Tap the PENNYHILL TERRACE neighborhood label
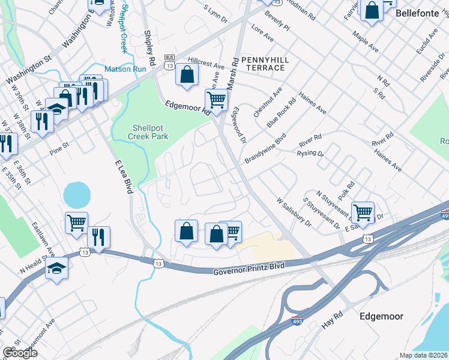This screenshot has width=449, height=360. point(263,64)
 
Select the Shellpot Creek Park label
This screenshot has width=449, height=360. point(150,131)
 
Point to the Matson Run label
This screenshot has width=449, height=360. point(125,70)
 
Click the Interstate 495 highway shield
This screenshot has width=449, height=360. point(297,322)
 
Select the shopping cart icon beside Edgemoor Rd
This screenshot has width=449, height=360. point(216,99)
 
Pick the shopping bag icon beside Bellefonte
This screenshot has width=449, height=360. point(372,10)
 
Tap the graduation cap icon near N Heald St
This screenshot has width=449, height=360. point(56,267)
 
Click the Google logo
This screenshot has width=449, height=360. point(20,353)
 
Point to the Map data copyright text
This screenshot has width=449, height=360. point(424,355)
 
